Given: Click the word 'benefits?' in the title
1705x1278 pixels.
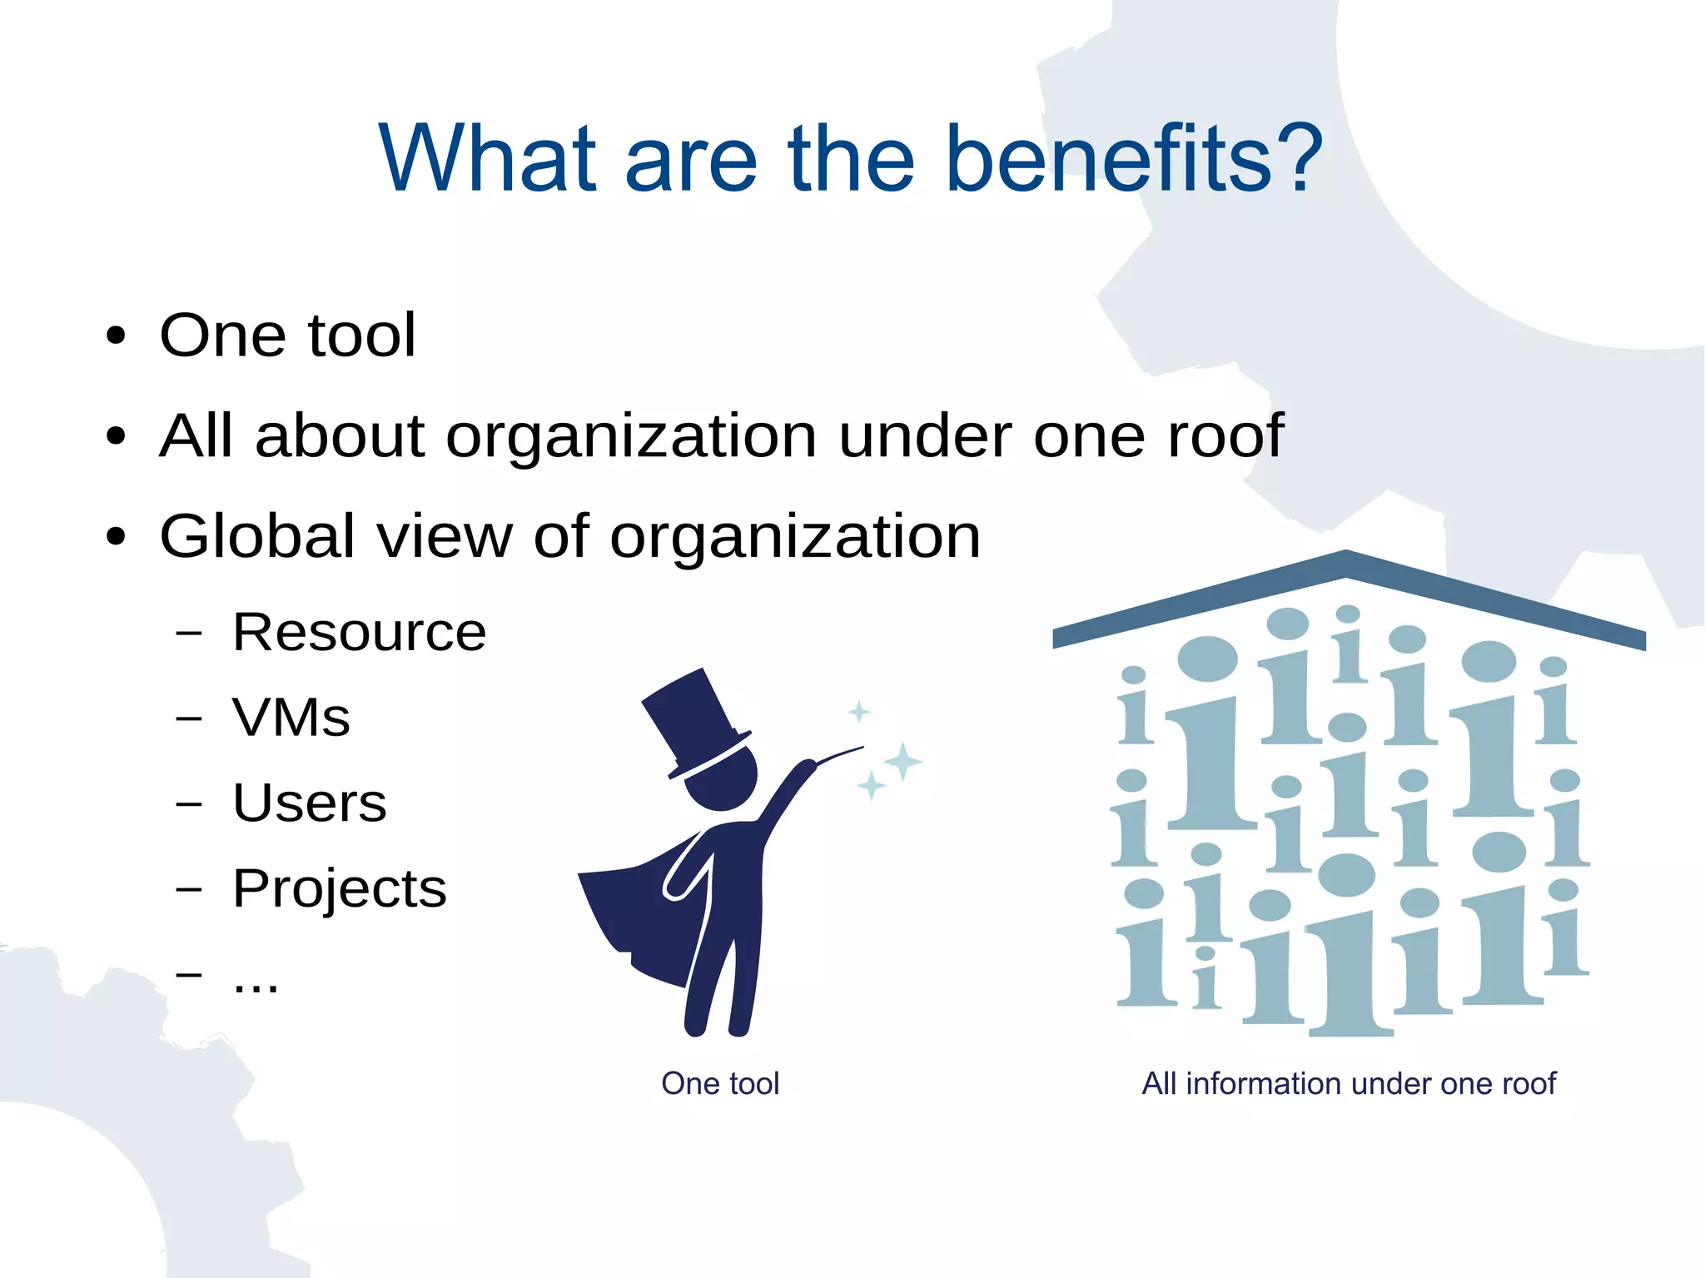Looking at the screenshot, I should [x=1133, y=158].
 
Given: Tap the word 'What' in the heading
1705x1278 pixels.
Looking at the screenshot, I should [x=488, y=158].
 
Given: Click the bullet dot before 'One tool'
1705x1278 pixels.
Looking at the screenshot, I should [x=116, y=336].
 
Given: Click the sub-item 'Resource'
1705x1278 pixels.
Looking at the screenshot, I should [x=359, y=632].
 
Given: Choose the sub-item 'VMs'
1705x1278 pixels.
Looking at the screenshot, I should [x=291, y=718].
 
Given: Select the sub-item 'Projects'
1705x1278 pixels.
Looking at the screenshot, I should [x=340, y=889].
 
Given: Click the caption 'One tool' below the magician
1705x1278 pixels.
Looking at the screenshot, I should [x=720, y=1084].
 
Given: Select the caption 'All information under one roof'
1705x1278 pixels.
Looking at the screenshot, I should [x=1349, y=1084].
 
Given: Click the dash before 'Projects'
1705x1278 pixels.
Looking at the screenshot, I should [x=189, y=889].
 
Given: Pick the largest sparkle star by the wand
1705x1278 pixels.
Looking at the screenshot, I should [x=902, y=761].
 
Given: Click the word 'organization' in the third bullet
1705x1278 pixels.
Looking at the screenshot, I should [x=795, y=536].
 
